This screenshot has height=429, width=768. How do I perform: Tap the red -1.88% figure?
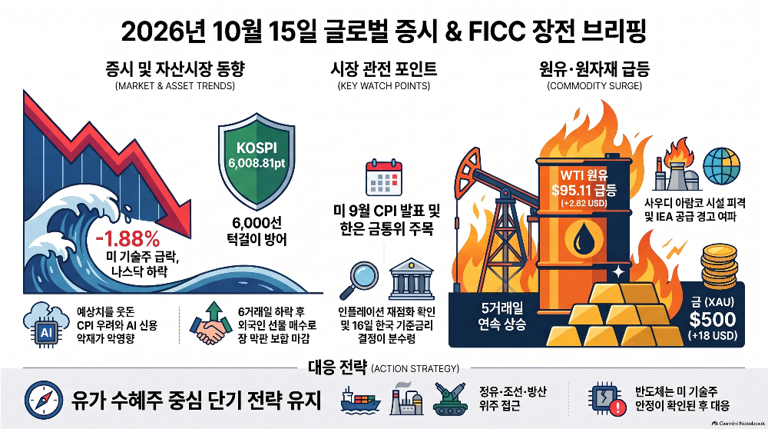tap(127, 239)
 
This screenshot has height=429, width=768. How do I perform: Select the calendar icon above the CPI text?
tap(384, 178)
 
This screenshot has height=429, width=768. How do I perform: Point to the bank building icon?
tap(411, 279)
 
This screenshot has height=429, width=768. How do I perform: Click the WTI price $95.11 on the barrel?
tap(584, 189)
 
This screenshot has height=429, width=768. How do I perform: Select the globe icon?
tap(721, 166)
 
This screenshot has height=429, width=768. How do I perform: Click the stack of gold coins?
tap(719, 268)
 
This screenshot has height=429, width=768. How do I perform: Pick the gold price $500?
tap(713, 319)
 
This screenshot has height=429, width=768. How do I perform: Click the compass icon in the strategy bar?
tap(44, 400)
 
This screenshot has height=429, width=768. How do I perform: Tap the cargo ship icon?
tap(360, 399)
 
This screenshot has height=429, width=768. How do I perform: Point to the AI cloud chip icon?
tap(45, 324)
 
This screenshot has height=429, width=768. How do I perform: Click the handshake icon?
tap(211, 324)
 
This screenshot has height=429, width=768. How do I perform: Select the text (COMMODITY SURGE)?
tap(594, 86)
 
